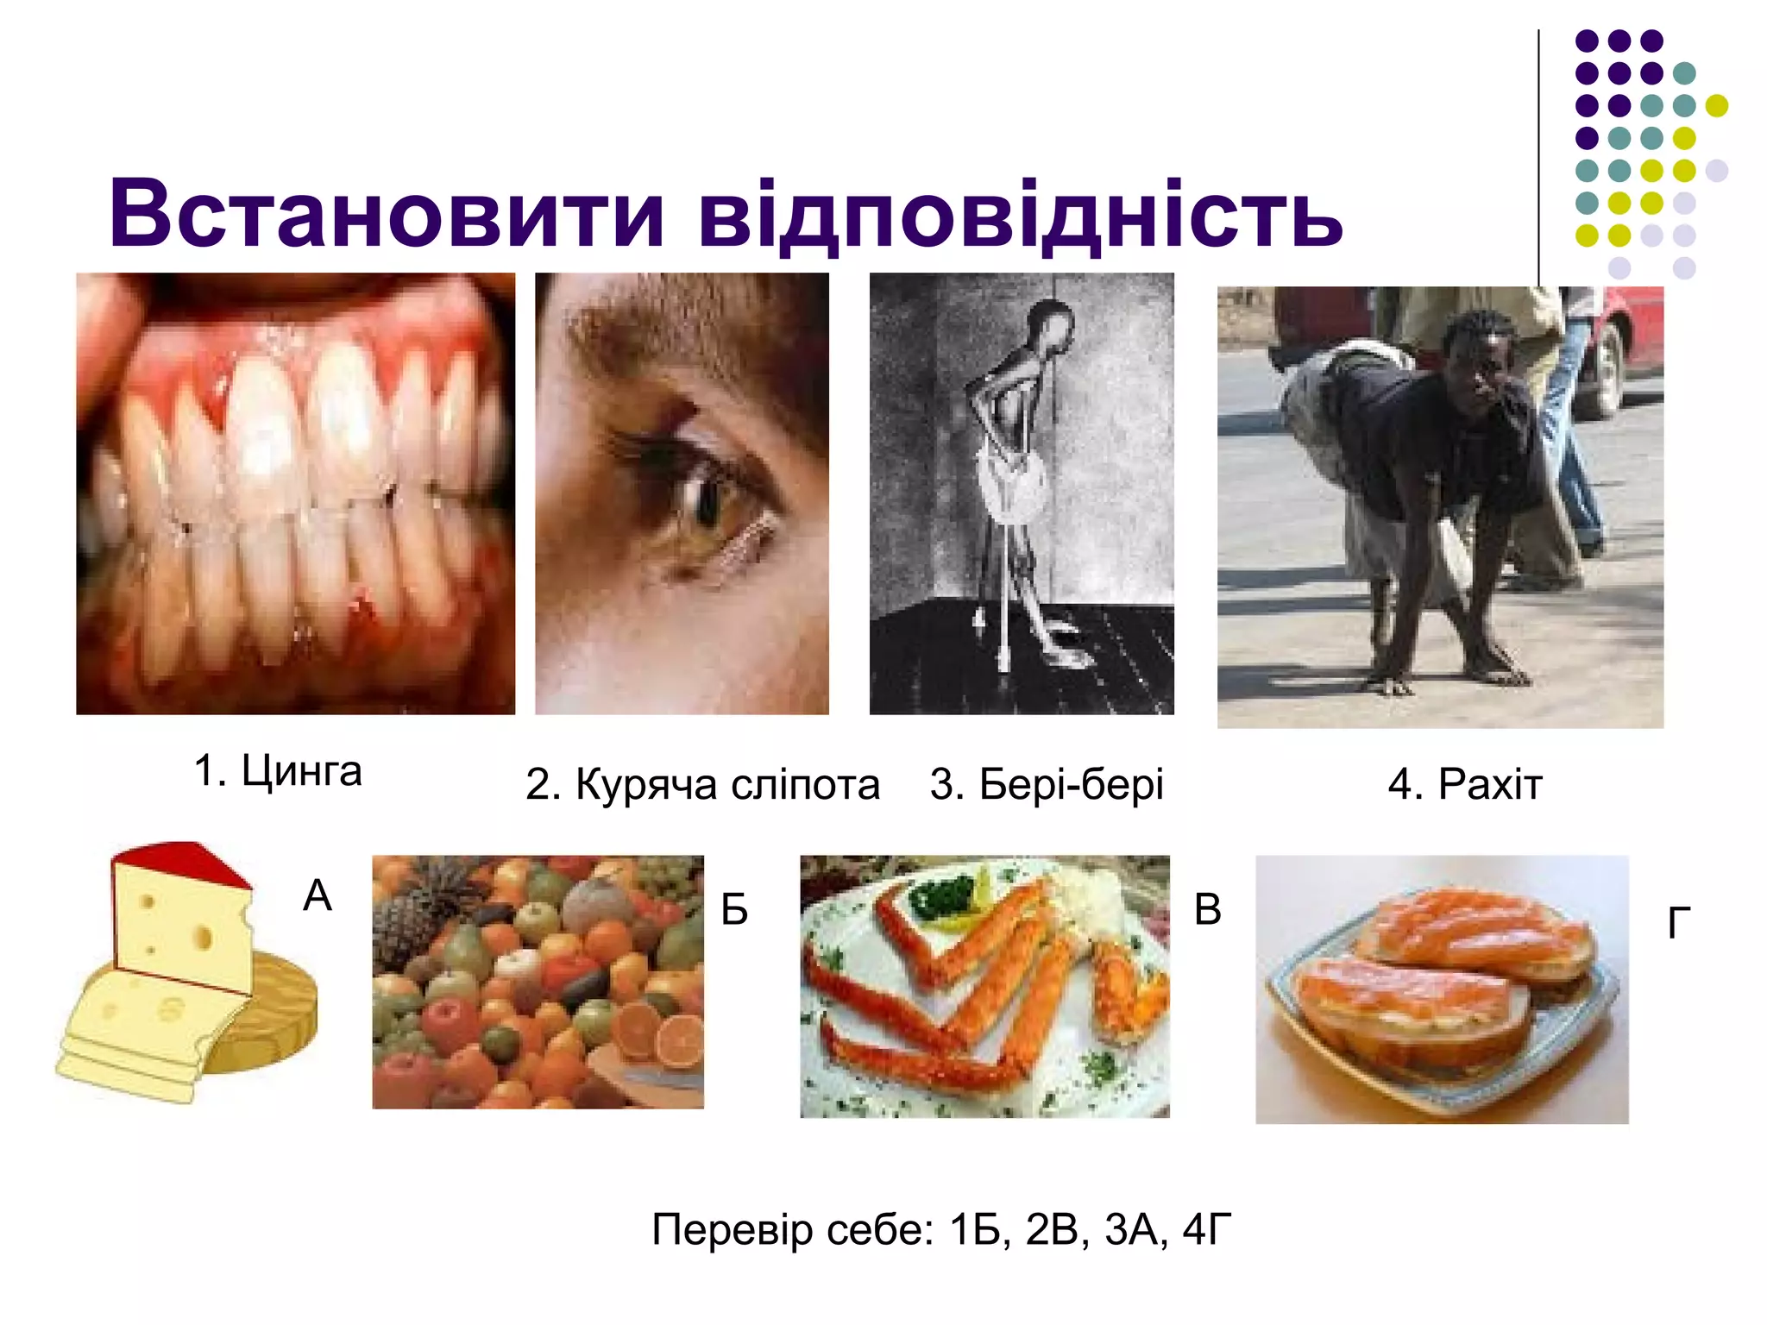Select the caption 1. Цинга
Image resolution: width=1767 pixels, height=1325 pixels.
point(277,770)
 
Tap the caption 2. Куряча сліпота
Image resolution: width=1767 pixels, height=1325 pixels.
point(702,785)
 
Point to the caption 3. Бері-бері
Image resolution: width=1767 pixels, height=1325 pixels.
point(1047,785)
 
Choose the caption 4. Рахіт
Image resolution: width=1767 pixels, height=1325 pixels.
point(1464,785)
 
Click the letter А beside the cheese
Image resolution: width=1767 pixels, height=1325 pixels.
point(318,895)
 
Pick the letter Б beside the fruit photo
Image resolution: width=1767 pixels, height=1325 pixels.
point(734,909)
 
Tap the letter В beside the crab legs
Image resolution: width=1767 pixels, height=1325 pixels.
point(1207,909)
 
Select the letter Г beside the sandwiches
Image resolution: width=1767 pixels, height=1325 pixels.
point(1678,923)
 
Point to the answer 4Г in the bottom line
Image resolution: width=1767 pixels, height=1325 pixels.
point(1206,1229)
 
